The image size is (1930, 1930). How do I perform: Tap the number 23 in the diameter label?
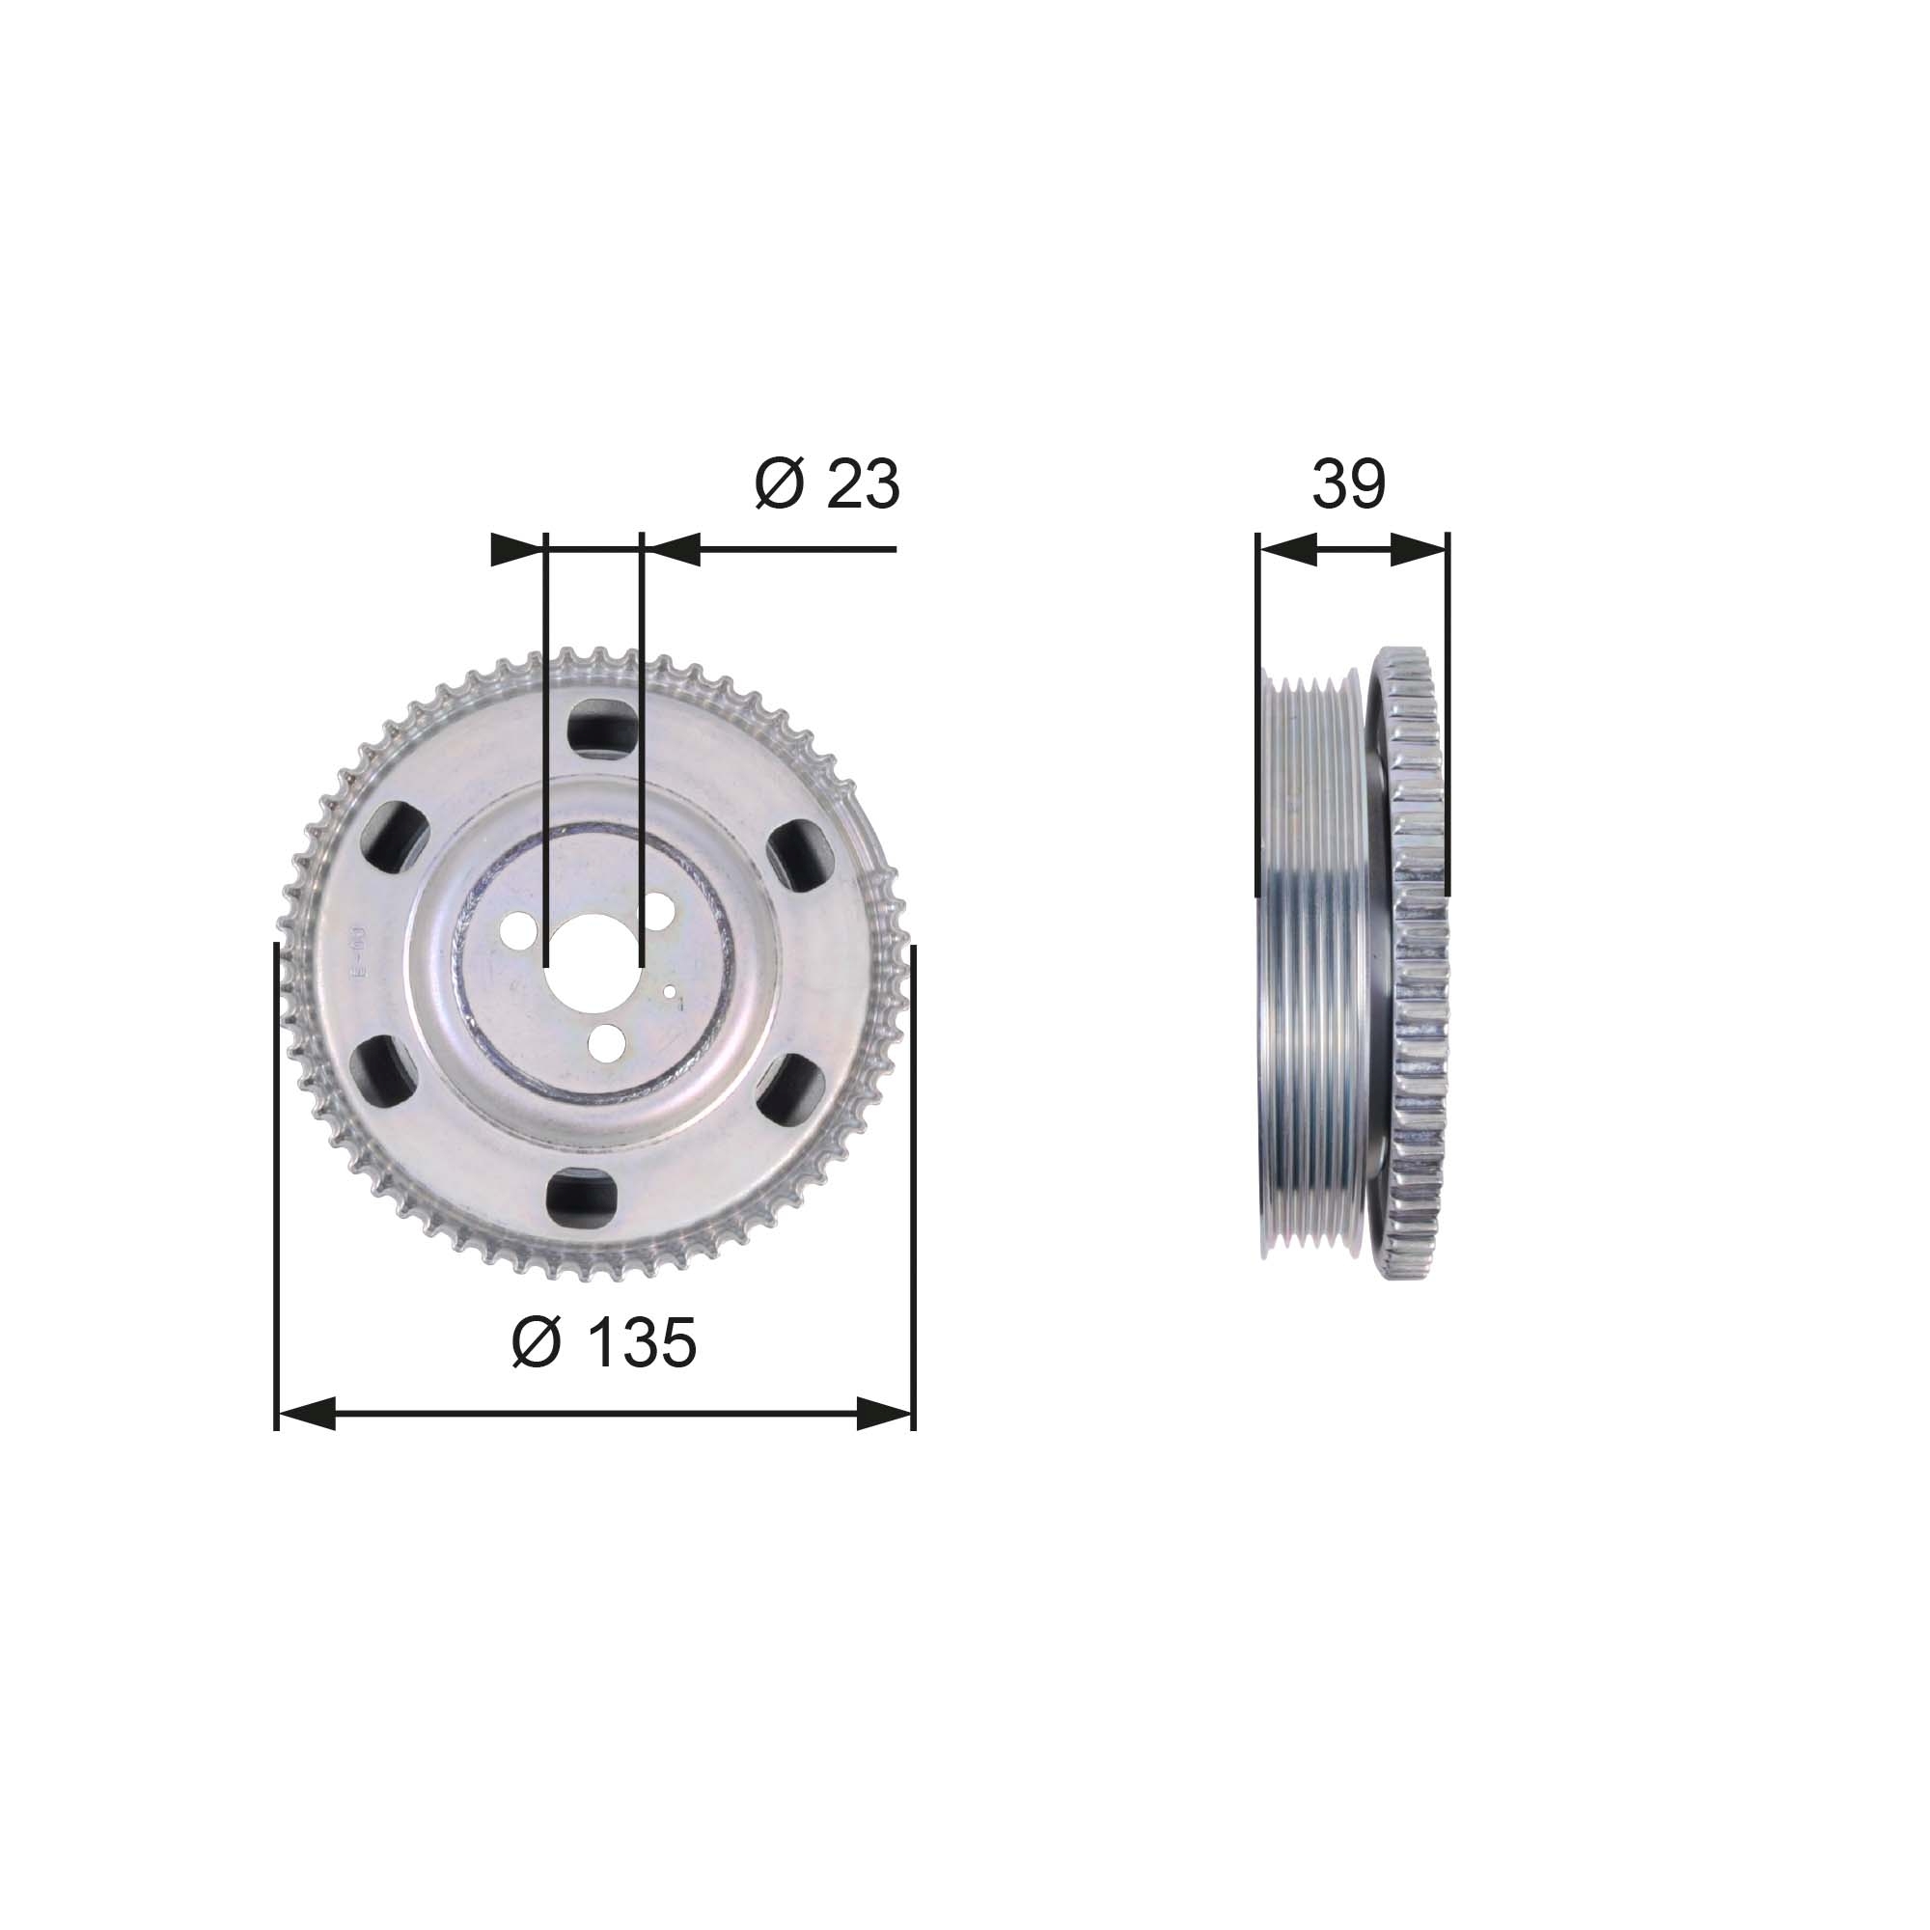(x=862, y=484)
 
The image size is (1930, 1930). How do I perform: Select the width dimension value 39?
(x=1349, y=484)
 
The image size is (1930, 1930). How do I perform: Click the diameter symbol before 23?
(x=779, y=484)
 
